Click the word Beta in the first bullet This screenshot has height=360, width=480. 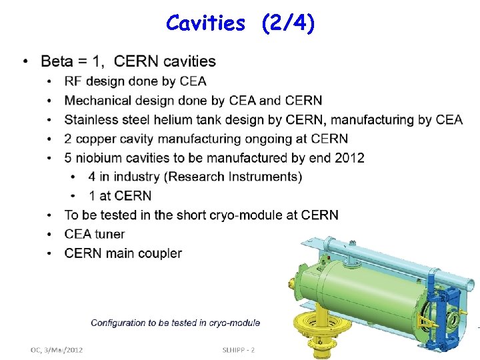[57, 62]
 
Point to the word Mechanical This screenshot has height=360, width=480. [97, 101]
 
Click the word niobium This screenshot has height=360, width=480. [101, 158]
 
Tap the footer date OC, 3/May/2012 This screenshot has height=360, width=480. [57, 349]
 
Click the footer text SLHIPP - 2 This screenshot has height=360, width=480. [239, 349]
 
